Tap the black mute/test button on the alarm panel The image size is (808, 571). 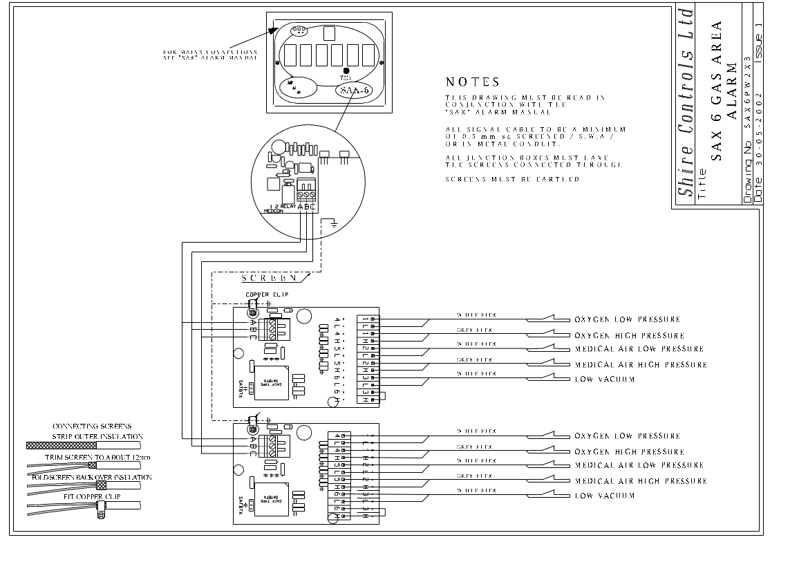346,71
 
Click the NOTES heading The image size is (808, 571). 472,82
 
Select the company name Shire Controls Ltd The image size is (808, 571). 685,102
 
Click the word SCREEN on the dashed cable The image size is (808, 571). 270,278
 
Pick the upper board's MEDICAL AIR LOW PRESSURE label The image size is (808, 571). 639,349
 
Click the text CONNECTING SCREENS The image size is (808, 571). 92,427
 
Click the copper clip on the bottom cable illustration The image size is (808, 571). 101,512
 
